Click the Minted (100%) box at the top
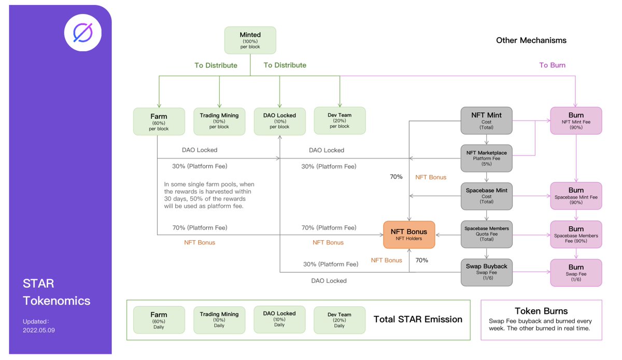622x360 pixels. (x=250, y=40)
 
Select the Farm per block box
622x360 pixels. (x=159, y=122)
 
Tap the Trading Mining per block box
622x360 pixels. (x=219, y=121)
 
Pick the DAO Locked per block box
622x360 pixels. (x=279, y=121)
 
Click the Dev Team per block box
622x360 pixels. (x=340, y=121)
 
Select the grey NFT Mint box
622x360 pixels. (x=486, y=121)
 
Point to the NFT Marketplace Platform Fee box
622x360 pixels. (x=486, y=158)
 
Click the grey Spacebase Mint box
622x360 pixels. (x=486, y=196)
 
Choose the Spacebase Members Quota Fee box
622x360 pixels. (x=486, y=234)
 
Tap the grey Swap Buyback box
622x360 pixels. (x=486, y=272)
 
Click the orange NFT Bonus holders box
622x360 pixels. (x=409, y=234)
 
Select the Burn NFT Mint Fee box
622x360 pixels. (x=576, y=121)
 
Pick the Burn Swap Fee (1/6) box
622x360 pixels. (x=576, y=272)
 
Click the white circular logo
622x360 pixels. (x=83, y=33)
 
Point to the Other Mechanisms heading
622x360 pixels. (x=531, y=40)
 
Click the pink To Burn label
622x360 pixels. (x=552, y=65)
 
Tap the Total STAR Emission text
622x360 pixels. (x=418, y=320)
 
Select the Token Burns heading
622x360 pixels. (x=541, y=311)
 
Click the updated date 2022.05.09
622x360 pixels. (x=39, y=330)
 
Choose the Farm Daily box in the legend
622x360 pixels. (x=159, y=320)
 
